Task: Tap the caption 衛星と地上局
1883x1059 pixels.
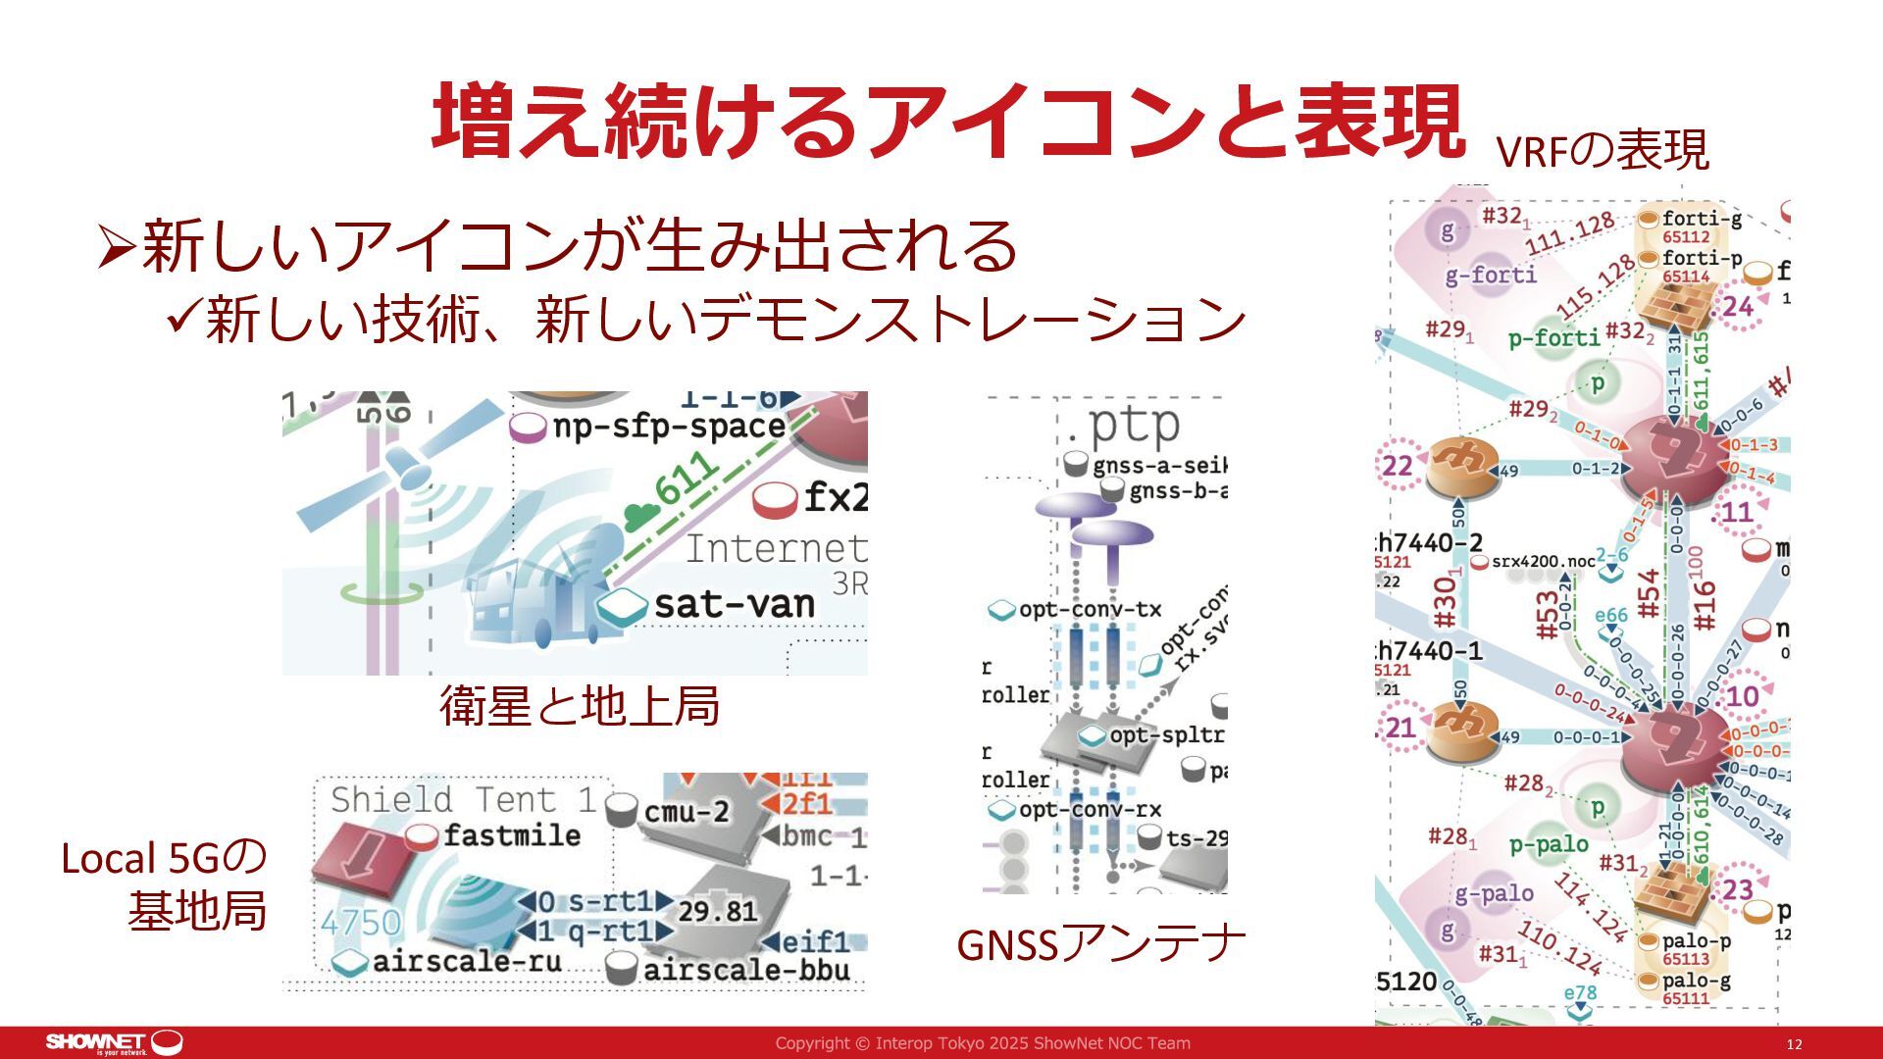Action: (x=580, y=705)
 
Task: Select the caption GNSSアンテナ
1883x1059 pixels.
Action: (x=1100, y=943)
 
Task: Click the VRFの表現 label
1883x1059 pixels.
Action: (x=1603, y=151)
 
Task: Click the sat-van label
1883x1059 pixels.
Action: (x=734, y=604)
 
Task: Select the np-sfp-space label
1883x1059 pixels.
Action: (x=669, y=427)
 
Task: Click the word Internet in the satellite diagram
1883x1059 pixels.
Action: (x=775, y=548)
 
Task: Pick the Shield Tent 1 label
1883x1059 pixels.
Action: (x=463, y=799)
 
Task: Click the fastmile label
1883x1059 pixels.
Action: (x=512, y=835)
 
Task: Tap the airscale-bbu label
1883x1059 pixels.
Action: (x=746, y=970)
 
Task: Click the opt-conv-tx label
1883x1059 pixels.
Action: (x=1090, y=609)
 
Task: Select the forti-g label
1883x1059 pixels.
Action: (x=1702, y=218)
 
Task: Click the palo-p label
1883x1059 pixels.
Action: (x=1696, y=940)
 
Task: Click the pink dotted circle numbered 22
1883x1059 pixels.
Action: (x=1398, y=465)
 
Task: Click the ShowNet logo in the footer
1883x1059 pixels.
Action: (x=114, y=1042)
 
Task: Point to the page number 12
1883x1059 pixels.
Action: (x=1794, y=1044)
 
